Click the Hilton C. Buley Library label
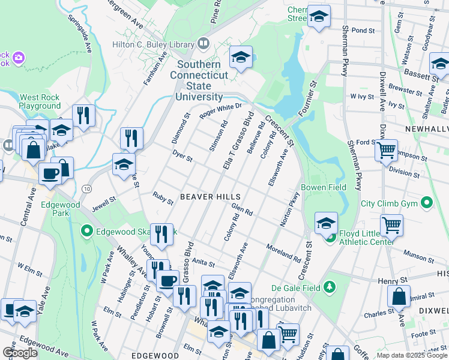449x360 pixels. (152, 44)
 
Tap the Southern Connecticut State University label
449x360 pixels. (199, 78)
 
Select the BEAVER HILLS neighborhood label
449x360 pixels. (211, 197)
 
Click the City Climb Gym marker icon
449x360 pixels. (427, 203)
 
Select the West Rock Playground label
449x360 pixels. (40, 101)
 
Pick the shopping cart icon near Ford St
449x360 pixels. (386, 149)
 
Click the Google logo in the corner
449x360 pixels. (20, 353)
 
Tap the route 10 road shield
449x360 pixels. (88, 189)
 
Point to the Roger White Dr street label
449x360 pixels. (220, 110)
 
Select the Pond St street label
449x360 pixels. (363, 29)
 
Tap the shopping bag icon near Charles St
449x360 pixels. (399, 296)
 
